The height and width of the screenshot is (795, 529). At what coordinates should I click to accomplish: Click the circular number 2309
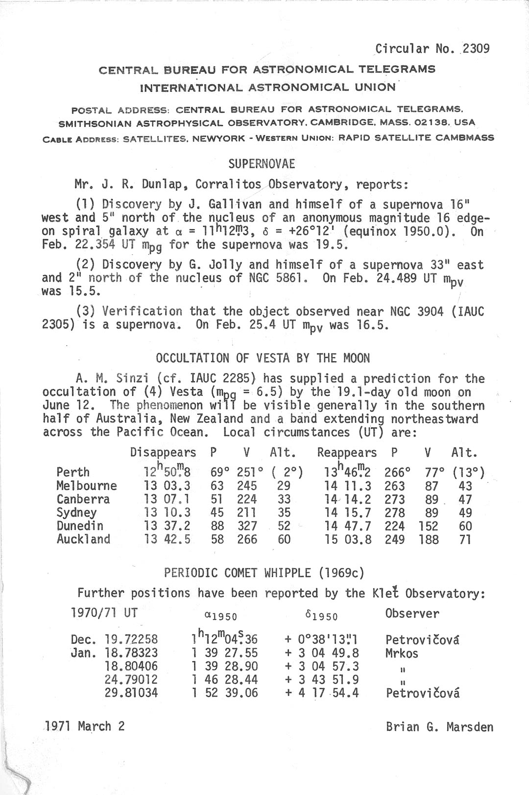[x=476, y=48]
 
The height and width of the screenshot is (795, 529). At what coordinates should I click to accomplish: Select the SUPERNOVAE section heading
[x=262, y=164]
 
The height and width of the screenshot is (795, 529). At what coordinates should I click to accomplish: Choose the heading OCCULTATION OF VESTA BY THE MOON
[x=263, y=358]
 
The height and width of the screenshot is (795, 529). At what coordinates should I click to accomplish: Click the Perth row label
[x=73, y=473]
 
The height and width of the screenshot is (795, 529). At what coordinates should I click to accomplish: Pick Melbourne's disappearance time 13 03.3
[x=167, y=486]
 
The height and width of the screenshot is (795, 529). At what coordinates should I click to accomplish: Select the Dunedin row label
[x=80, y=526]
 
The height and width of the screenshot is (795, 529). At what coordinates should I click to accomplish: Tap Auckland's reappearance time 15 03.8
[x=348, y=540]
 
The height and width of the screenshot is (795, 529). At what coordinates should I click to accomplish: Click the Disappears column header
[x=163, y=453]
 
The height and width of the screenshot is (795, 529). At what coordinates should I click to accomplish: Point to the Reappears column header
[x=347, y=453]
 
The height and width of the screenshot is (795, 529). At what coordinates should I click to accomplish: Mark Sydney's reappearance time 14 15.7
[x=348, y=513]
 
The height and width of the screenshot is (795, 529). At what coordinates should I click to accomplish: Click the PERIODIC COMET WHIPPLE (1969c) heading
[x=264, y=573]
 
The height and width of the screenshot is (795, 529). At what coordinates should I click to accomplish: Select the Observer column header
[x=412, y=613]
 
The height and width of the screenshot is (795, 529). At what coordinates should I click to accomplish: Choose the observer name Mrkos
[x=402, y=653]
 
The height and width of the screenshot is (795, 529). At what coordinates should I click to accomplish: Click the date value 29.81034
[x=131, y=693]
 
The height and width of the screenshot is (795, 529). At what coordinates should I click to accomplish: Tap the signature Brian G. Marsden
[x=439, y=727]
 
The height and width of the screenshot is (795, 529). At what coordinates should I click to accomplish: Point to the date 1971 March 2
[x=84, y=726]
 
